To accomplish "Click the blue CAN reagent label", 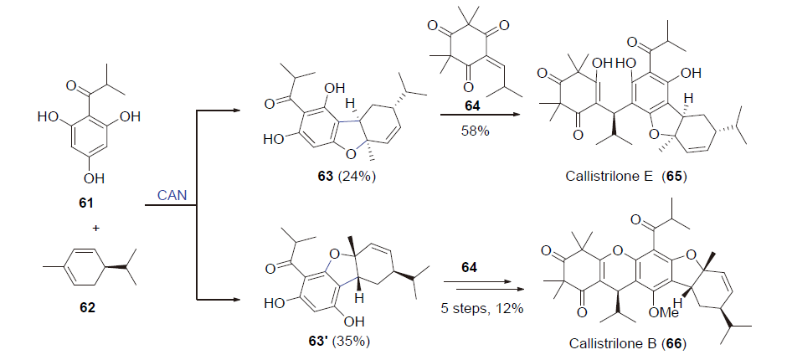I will [171, 195].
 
